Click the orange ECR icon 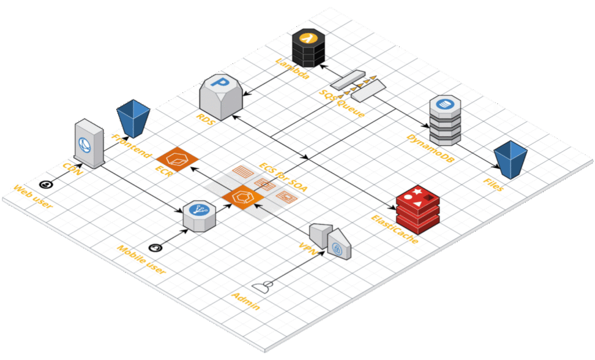(178, 157)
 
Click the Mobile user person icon (155, 248)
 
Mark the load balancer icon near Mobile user (196, 215)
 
